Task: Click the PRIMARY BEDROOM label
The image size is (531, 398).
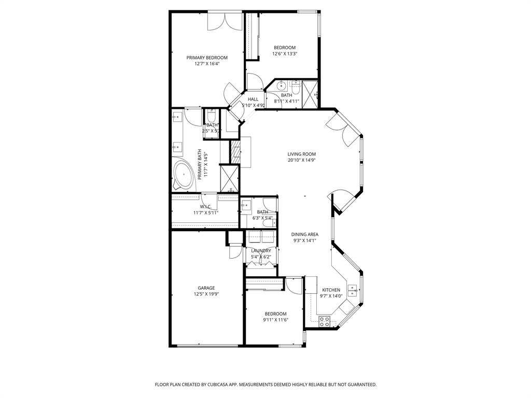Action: pos(207,58)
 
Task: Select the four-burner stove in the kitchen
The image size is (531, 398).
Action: pos(325,321)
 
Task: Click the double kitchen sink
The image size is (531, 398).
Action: pos(353,290)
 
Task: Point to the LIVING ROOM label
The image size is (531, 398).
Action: pos(301,154)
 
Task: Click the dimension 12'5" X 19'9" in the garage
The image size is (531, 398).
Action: pos(206,294)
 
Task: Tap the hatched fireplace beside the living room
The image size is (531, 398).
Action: pos(235,151)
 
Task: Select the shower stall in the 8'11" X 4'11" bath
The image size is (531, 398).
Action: pos(310,94)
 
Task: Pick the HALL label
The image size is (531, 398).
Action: pos(253,99)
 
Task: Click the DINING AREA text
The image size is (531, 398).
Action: pos(304,234)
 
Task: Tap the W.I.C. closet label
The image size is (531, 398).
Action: pos(206,207)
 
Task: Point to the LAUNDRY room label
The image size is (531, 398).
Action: pos(261,251)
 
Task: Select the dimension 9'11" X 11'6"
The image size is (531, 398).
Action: pos(275,320)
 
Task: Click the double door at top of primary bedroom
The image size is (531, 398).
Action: pos(225,22)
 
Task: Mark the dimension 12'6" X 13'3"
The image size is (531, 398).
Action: pos(285,53)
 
